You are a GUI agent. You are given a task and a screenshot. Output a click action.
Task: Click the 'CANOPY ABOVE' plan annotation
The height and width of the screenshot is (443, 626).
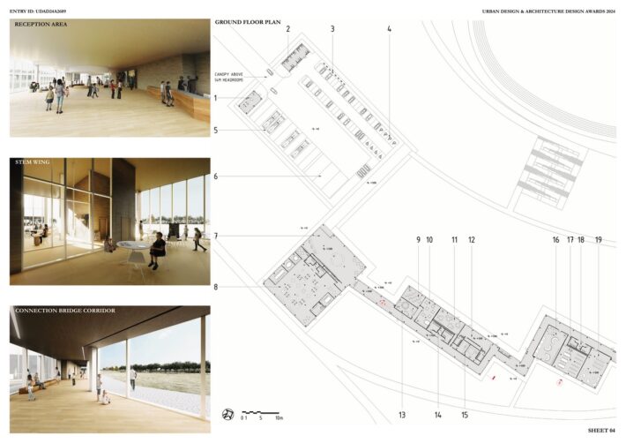[x=229, y=74]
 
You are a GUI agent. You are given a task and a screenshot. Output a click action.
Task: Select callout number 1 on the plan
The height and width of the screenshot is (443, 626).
[x=216, y=98]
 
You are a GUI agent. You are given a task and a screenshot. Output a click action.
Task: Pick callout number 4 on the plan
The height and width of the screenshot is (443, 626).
[x=389, y=29]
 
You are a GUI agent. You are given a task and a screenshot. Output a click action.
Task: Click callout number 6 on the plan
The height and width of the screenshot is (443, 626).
[x=216, y=176]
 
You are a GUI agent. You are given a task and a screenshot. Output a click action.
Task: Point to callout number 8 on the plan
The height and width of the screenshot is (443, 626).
[x=216, y=286]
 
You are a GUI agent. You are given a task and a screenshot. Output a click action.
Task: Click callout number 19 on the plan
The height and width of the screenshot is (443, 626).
[x=599, y=240]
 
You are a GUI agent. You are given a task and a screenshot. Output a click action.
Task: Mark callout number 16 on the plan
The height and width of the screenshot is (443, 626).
[x=555, y=240]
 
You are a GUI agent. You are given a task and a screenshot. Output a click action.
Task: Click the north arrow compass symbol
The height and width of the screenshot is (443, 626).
[x=227, y=414]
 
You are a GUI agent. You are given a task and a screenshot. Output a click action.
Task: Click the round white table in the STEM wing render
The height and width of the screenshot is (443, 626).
[x=132, y=245]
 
